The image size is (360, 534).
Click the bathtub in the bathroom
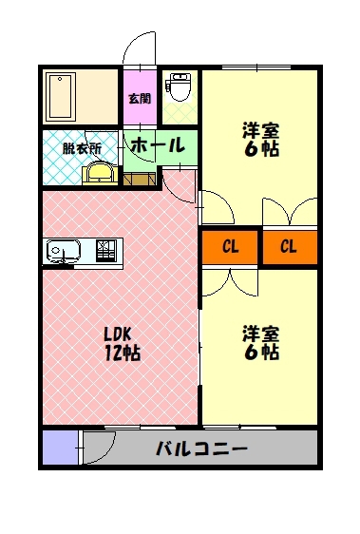(61, 96)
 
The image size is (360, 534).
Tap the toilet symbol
(177, 86)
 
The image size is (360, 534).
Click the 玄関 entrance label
(140, 99)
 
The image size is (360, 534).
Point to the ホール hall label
(158, 145)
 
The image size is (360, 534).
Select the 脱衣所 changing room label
(82, 149)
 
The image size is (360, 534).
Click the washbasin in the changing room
(100, 173)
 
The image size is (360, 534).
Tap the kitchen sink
(64, 252)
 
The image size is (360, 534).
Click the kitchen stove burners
(106, 251)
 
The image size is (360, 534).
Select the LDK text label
(117, 335)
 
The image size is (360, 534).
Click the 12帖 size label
(123, 353)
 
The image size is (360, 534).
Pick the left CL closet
(230, 246)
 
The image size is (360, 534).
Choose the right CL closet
(290, 246)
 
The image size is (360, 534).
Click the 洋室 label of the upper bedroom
(261, 130)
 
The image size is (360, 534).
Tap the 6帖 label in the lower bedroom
(261, 353)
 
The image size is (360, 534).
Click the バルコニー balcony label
(201, 448)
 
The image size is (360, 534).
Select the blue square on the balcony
(60, 448)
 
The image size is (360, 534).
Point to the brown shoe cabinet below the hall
(140, 180)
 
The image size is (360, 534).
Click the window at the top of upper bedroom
(256, 67)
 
